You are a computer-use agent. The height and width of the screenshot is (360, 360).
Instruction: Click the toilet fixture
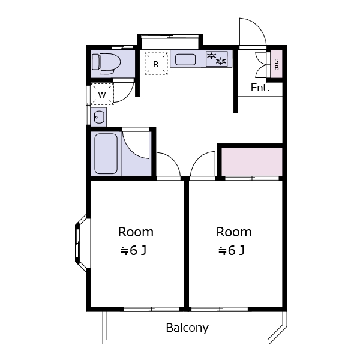(106, 64)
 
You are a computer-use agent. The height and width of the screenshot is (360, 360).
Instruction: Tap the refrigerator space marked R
(156, 64)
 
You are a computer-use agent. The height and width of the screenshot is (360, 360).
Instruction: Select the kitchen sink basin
(185, 59)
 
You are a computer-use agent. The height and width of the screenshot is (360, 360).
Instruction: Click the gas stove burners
(217, 59)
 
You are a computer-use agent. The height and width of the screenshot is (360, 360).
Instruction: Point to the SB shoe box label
(277, 65)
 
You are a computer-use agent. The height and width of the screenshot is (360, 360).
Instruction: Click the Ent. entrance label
(260, 88)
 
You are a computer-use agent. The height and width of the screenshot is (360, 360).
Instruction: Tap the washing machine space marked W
(102, 94)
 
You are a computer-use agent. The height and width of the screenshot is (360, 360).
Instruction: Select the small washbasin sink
(99, 117)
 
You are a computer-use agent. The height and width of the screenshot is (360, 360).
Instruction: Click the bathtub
(106, 154)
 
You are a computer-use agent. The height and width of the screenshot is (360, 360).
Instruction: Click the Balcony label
(187, 328)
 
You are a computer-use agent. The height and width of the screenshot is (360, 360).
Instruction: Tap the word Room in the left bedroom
(136, 232)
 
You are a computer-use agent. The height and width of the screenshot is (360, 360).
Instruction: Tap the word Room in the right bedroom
(234, 232)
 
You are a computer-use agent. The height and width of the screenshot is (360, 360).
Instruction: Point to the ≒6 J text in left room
(133, 250)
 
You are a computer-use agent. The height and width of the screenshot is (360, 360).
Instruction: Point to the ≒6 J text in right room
(231, 250)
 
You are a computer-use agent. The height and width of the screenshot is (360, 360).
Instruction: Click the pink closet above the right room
(251, 162)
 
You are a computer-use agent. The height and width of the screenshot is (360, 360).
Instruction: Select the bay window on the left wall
(81, 244)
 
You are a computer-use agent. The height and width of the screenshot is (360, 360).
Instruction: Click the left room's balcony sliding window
(152, 309)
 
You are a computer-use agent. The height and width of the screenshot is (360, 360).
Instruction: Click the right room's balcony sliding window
(220, 309)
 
